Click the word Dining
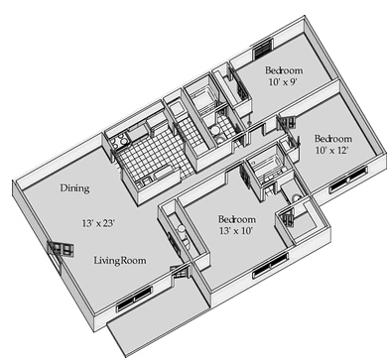tap(74, 188)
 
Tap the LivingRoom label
tap(120, 261)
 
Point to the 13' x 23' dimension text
tap(98, 223)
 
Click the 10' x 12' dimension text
tap(331, 150)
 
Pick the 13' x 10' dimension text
tap(236, 230)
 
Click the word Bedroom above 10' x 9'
tap(284, 70)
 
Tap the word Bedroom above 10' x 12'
tap(333, 139)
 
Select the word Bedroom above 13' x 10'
tap(237, 219)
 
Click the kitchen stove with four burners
tap(119, 142)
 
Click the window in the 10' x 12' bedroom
tap(348, 180)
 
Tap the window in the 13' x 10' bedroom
tap(270, 266)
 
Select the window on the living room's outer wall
tap(134, 300)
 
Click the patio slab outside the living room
tap(156, 317)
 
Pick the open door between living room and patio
tap(181, 272)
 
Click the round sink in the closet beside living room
tap(181, 228)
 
